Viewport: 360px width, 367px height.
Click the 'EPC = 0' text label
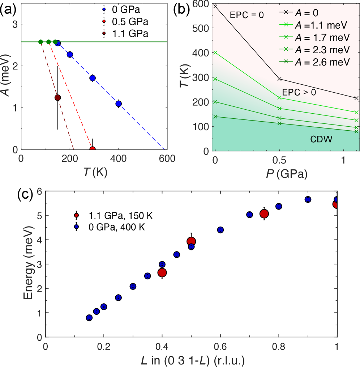pyautogui.click(x=247, y=15)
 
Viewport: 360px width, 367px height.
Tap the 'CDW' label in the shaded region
pyautogui.click(x=321, y=139)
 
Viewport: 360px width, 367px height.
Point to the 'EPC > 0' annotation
pyautogui.click(x=299, y=92)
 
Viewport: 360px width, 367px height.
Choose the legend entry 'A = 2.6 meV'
pyautogui.click(x=322, y=62)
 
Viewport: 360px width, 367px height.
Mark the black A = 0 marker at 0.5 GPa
pyautogui.click(x=279, y=79)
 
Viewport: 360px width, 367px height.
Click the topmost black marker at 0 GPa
pyautogui.click(x=215, y=6)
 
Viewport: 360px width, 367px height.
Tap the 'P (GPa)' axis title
pyautogui.click(x=287, y=174)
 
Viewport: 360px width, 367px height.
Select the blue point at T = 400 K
pyautogui.click(x=119, y=104)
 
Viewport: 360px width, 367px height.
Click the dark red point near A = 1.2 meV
pyautogui.click(x=58, y=98)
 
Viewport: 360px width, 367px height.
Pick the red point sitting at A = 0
pyautogui.click(x=93, y=149)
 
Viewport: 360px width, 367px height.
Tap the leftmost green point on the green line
pyautogui.click(x=40, y=42)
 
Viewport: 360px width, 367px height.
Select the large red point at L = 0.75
pyautogui.click(x=264, y=214)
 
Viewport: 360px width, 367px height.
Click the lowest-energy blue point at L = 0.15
pyautogui.click(x=89, y=318)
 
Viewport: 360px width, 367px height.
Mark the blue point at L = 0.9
pyautogui.click(x=308, y=199)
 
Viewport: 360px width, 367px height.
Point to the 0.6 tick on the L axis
pyautogui.click(x=220, y=346)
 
